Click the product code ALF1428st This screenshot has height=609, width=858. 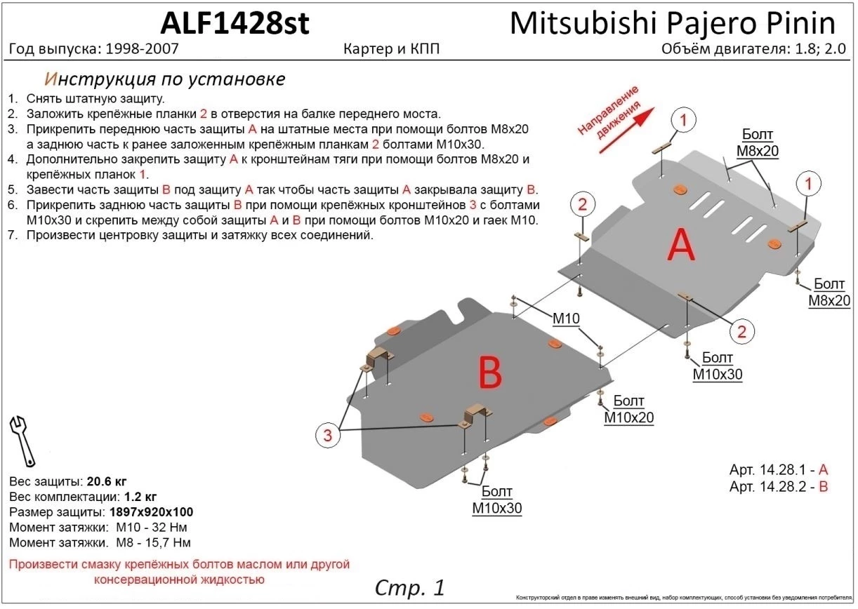[235, 23]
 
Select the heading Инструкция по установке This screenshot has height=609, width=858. [164, 79]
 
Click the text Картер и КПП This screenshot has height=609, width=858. [392, 50]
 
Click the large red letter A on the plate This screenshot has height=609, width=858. [680, 246]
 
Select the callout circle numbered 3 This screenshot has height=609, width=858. [327, 436]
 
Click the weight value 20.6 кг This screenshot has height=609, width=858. [106, 481]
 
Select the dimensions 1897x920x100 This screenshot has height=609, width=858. [150, 512]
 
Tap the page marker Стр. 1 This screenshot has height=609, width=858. [409, 587]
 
